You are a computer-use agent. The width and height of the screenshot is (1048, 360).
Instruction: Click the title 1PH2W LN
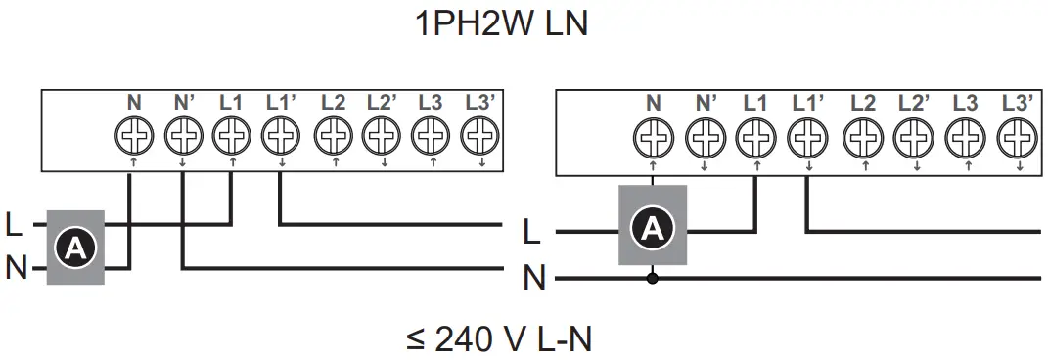pyautogui.click(x=502, y=24)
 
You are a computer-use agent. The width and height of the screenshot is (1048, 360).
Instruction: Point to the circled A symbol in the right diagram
pyautogui.click(x=653, y=229)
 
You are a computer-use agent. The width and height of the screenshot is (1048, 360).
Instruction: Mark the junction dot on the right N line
pyautogui.click(x=653, y=278)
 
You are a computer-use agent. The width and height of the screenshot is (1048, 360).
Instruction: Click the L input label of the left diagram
pyautogui.click(x=13, y=226)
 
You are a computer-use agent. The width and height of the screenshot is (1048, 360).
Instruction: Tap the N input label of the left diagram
pyautogui.click(x=15, y=266)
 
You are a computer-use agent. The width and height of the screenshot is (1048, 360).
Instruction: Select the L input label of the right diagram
pyautogui.click(x=531, y=233)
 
